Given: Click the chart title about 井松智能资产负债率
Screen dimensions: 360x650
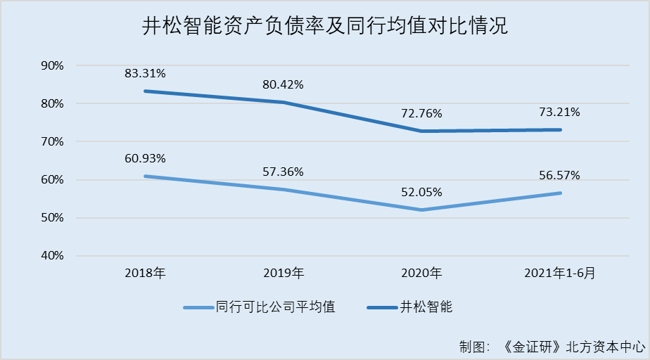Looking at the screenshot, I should [324, 27].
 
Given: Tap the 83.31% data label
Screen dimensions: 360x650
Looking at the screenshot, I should [146, 72].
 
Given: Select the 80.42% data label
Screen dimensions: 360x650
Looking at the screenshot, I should [283, 85].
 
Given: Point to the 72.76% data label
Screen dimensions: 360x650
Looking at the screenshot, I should [422, 113].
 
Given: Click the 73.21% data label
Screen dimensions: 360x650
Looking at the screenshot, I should [561, 112].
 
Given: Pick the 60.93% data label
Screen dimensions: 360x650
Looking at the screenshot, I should [146, 157].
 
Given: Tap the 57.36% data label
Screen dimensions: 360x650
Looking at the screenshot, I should [283, 171].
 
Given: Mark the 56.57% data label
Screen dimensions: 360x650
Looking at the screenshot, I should [561, 175].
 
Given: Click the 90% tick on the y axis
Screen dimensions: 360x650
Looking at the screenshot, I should [53, 65].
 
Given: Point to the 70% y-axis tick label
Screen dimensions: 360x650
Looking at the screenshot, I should [53, 141].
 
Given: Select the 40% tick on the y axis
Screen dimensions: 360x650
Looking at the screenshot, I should [53, 256].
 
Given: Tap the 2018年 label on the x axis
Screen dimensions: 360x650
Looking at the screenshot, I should [146, 273].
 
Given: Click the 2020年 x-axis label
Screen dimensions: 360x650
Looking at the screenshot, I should [422, 273].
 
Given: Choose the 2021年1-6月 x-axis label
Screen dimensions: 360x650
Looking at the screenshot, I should [560, 273].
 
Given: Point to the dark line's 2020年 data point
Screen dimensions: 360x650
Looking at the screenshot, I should [422, 131].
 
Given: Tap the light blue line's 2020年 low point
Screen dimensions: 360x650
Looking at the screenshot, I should [422, 210].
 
